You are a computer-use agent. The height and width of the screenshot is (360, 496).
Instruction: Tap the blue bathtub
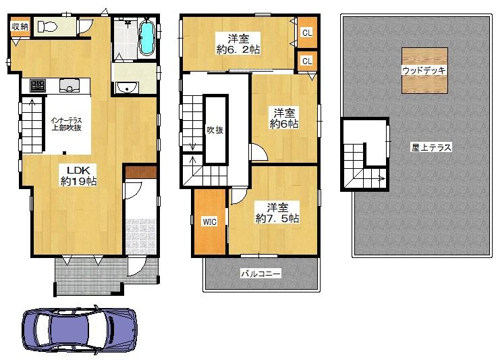coord(146,38)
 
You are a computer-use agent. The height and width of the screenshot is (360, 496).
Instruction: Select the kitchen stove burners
coord(38,86)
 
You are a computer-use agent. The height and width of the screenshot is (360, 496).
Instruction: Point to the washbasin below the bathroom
coord(127,87)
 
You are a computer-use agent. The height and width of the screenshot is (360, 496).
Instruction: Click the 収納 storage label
coord(20,26)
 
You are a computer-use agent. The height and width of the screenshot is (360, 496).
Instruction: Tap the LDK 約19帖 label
coord(78,176)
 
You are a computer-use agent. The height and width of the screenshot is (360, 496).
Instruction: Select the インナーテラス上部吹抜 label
coord(67,124)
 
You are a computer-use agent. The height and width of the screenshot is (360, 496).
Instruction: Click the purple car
coord(80,330)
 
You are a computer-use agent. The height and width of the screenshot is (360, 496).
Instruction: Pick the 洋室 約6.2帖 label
coord(238,45)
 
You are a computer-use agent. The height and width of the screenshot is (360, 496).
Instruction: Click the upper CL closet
coord(307,32)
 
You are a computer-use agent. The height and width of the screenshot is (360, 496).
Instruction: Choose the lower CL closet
coord(307,61)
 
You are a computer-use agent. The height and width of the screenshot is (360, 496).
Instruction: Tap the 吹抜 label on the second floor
coord(215,130)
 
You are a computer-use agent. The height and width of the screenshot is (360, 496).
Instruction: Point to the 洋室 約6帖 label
coord(284,118)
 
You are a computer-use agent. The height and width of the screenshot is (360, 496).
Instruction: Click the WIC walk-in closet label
coord(210,222)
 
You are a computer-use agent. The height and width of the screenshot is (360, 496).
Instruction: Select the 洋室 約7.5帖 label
coord(277,213)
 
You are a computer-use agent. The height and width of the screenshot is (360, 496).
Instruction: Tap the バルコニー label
coord(260,274)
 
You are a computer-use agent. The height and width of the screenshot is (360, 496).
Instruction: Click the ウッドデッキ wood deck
coord(424,71)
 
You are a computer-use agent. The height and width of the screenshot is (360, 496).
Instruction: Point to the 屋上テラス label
coord(431,147)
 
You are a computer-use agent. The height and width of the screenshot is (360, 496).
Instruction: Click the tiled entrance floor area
coord(141,236)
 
